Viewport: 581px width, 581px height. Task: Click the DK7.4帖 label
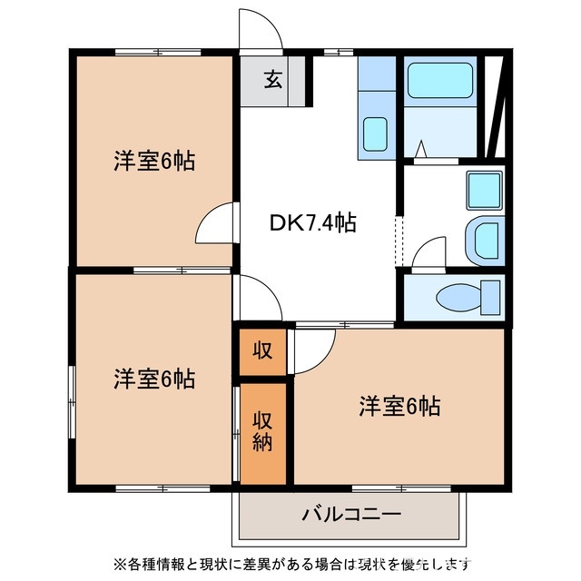(311, 222)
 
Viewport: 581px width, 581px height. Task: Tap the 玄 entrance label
(272, 79)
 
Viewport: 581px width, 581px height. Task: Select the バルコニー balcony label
(350, 515)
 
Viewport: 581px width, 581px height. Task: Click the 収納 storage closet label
(263, 432)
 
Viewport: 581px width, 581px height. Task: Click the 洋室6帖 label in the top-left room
(154, 162)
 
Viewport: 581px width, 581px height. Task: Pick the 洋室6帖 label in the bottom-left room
(154, 379)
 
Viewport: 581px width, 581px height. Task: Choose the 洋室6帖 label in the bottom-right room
(399, 406)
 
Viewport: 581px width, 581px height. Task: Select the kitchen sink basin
(375, 133)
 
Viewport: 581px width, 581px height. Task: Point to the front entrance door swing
(261, 32)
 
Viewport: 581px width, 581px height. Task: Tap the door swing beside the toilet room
(428, 253)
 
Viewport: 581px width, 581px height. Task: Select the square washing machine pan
(483, 190)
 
